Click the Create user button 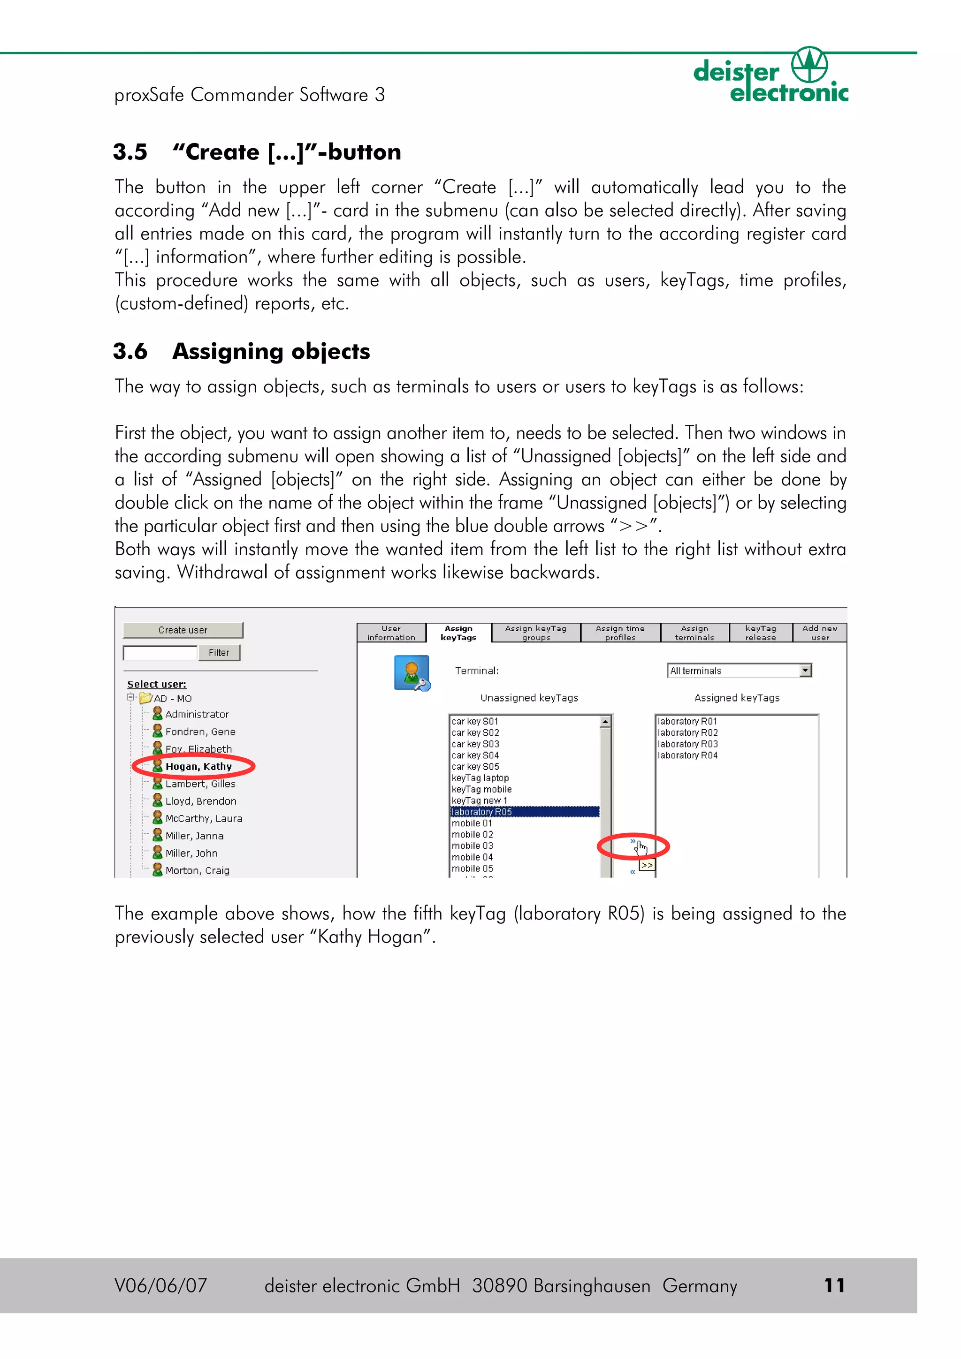coord(183,630)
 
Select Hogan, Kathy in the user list coord(198,767)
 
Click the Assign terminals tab coord(694,633)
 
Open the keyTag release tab coord(760,633)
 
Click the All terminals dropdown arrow coord(805,671)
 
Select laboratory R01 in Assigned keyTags coord(687,722)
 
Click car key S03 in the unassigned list coord(475,744)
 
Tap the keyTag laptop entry coord(480,778)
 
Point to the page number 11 coord(834,1285)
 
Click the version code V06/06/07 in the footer coord(160,1285)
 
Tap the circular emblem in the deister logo coord(809,65)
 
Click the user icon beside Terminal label coord(412,673)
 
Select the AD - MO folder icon coord(145,698)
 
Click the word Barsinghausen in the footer coord(592,1285)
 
